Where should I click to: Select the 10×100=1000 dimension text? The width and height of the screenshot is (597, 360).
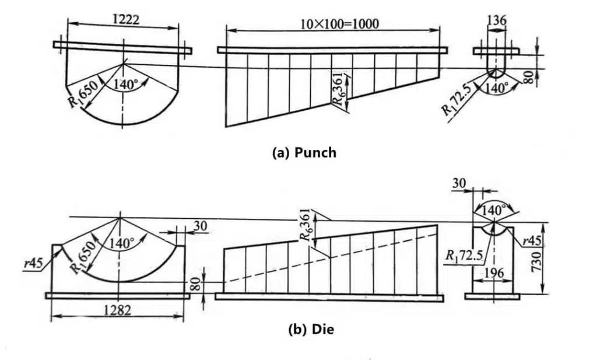click(x=340, y=24)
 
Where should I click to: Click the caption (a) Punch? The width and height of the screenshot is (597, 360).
click(x=304, y=152)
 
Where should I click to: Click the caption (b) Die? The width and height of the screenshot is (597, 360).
click(x=311, y=328)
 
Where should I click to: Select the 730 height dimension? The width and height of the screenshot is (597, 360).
click(x=536, y=261)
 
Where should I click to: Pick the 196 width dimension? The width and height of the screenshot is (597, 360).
click(x=494, y=272)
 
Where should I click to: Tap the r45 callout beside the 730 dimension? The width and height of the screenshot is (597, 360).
click(x=532, y=241)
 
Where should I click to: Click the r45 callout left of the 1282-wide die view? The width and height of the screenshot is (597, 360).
click(x=33, y=263)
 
